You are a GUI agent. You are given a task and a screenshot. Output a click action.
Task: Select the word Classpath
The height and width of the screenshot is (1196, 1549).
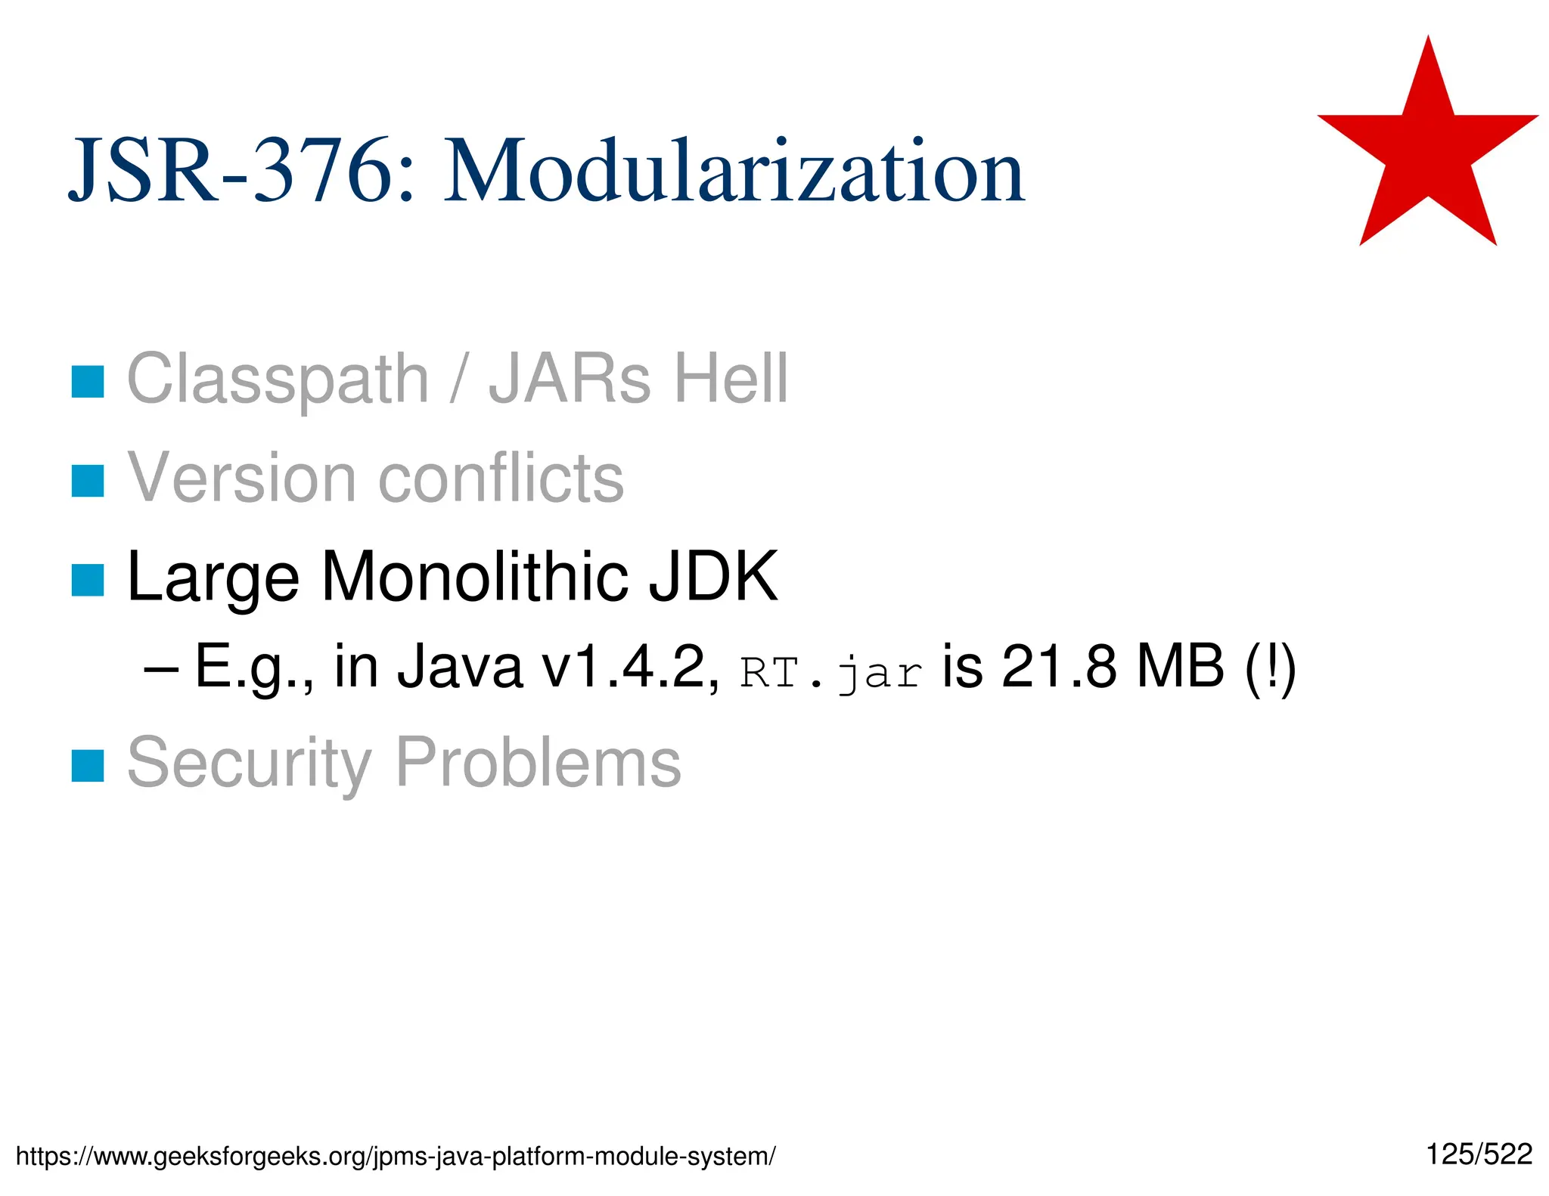pyautogui.click(x=278, y=380)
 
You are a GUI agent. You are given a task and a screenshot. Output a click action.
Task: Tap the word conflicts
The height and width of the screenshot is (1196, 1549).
pyautogui.click(x=501, y=478)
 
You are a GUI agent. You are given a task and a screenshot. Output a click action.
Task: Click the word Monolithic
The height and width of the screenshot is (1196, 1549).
pyautogui.click(x=475, y=578)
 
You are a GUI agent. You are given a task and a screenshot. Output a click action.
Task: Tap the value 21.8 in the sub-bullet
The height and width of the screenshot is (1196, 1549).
pyautogui.click(x=1059, y=668)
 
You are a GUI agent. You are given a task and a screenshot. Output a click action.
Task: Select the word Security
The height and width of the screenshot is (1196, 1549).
pyautogui.click(x=250, y=764)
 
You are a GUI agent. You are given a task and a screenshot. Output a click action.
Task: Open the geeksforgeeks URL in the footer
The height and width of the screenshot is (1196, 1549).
pyautogui.click(x=395, y=1156)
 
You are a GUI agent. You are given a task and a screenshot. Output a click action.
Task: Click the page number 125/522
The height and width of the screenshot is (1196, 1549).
pyautogui.click(x=1479, y=1154)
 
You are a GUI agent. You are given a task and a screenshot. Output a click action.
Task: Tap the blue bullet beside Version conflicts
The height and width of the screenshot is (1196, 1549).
pyautogui.click(x=88, y=481)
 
